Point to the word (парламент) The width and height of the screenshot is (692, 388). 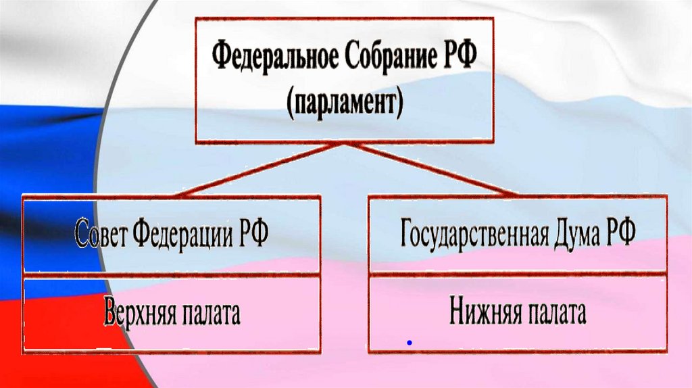tap(345, 103)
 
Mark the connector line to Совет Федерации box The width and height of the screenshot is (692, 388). tap(260, 169)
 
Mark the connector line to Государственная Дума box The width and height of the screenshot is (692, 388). tap(432, 169)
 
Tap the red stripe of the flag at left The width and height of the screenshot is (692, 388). tap(34, 338)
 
